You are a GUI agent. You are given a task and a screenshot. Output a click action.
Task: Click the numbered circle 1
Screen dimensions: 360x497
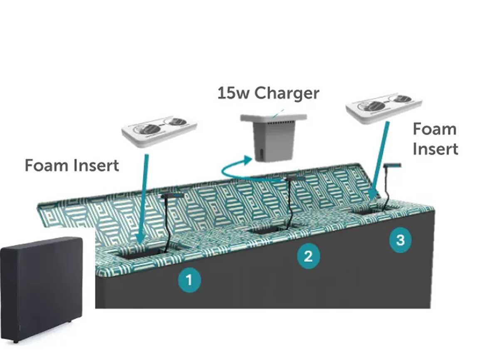(x=189, y=280)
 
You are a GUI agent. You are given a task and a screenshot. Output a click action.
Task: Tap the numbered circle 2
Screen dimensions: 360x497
(x=308, y=256)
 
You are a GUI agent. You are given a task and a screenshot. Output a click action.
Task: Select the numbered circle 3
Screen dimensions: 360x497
(x=400, y=240)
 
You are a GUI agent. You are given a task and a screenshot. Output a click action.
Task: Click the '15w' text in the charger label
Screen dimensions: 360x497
(x=233, y=93)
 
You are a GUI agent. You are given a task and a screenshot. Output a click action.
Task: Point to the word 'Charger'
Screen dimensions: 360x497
(x=287, y=93)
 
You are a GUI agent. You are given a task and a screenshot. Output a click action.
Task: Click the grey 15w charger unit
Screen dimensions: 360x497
(x=274, y=137)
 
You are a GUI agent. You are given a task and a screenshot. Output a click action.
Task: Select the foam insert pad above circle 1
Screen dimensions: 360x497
(x=158, y=129)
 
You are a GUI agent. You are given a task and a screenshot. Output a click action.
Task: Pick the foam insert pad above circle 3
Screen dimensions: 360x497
(x=383, y=107)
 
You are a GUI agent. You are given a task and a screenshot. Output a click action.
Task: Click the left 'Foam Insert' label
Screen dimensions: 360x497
(x=72, y=165)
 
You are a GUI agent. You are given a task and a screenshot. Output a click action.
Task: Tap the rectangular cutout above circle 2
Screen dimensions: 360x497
(x=267, y=229)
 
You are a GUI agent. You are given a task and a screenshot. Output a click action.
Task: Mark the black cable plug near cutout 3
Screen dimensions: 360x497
(x=392, y=165)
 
